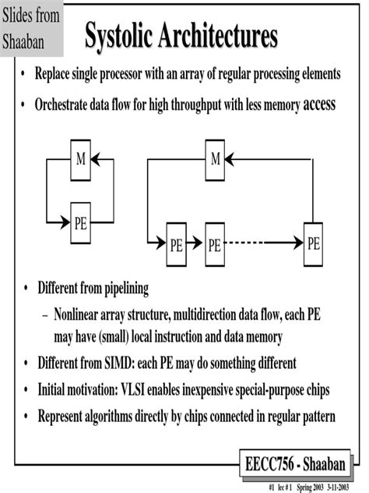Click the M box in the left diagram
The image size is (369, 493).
click(80, 160)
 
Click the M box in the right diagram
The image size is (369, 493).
click(216, 160)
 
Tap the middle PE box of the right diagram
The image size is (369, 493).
click(214, 243)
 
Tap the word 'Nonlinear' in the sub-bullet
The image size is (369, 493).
click(82, 317)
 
